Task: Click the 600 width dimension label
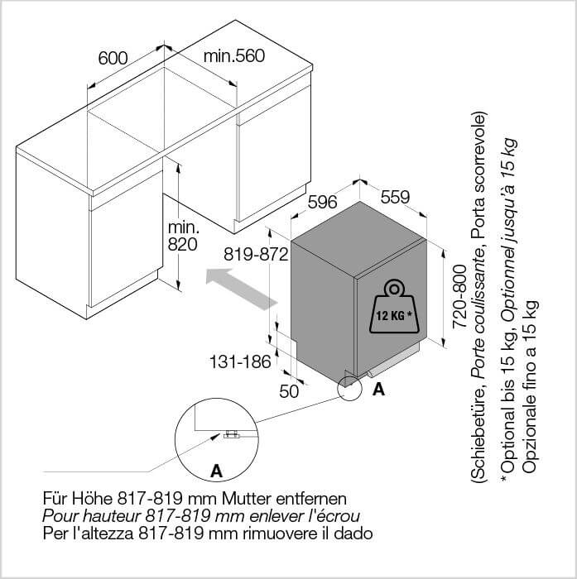click(113, 58)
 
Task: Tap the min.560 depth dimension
click(234, 55)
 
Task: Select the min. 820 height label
click(183, 236)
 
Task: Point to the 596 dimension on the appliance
click(323, 202)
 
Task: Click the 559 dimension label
click(396, 197)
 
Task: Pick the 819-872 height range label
click(256, 255)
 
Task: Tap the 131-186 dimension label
click(240, 362)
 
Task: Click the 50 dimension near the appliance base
click(289, 391)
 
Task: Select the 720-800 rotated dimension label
click(459, 296)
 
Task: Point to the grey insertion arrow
click(242, 289)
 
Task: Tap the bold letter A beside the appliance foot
click(379, 389)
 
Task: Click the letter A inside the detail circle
click(216, 471)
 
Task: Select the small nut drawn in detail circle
click(232, 434)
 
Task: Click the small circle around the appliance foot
click(349, 388)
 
